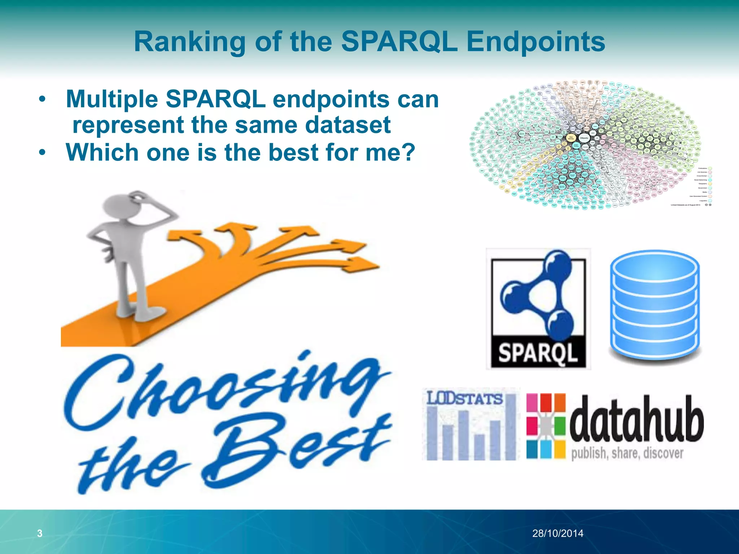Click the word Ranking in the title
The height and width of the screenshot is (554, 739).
[x=190, y=42]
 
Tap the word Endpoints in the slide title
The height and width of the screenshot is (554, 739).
[x=535, y=42]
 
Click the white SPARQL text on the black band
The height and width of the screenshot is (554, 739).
[x=538, y=352]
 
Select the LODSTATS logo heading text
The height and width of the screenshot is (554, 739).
[x=464, y=399]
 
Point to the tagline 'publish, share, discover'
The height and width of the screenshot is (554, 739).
[x=627, y=453]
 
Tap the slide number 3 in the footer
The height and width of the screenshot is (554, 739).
[x=40, y=533]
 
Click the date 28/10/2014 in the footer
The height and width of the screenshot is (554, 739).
[x=557, y=533]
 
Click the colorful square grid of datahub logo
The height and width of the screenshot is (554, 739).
[x=546, y=426]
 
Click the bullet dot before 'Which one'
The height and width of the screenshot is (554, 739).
[x=43, y=153]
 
